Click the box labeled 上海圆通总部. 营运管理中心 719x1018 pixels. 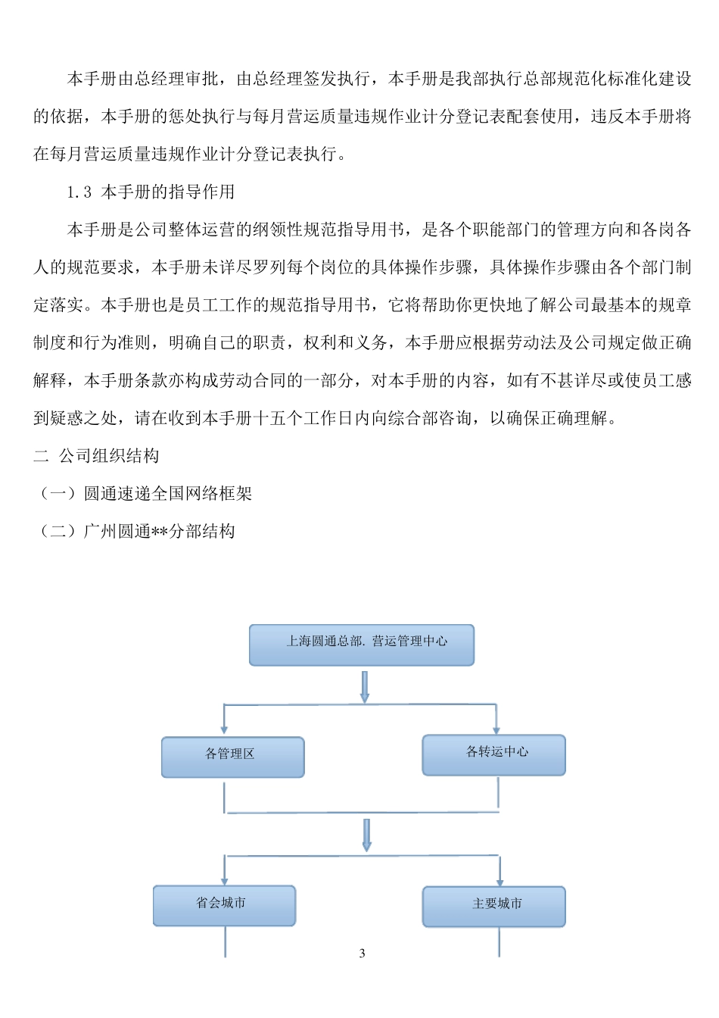point(362,645)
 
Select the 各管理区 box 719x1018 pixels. point(232,757)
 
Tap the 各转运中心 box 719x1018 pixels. point(493,754)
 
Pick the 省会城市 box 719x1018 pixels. point(224,905)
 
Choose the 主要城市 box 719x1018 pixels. point(493,906)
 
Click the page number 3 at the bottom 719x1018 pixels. point(362,953)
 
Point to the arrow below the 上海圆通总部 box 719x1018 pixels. point(364,686)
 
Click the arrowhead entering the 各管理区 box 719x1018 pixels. point(224,731)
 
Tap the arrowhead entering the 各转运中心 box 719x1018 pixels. point(496,729)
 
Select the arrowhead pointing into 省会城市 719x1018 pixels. point(224,879)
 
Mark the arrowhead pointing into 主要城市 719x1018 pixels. point(500,880)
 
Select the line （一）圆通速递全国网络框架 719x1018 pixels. point(144,494)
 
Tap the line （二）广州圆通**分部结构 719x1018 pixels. point(135,532)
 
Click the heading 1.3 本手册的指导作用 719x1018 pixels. point(151,192)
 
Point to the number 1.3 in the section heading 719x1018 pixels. point(79,192)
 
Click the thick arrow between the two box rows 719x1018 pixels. point(366,835)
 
